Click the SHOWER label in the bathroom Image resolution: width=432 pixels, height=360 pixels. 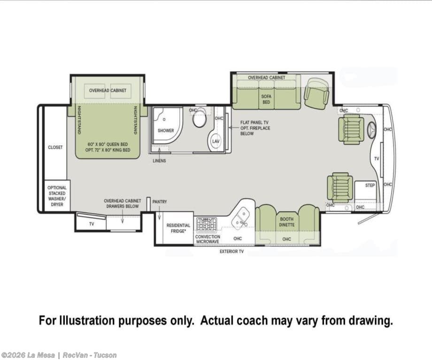point(166,130)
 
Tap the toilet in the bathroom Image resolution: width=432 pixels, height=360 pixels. point(200,118)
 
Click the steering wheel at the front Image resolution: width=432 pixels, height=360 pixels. point(372,130)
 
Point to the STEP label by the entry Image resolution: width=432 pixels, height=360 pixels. point(370,185)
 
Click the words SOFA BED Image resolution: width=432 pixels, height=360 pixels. point(266,99)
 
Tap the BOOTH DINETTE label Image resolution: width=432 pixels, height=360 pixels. point(286,222)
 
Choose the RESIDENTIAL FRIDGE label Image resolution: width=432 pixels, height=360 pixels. point(178,228)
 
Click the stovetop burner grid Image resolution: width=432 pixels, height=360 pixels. point(206,224)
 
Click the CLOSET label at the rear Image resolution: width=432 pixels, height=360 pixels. point(55,147)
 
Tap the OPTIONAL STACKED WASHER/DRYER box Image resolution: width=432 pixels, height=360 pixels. point(57,196)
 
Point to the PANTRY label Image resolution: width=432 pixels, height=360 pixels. point(160,202)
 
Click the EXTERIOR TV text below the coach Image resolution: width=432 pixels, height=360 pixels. point(231,252)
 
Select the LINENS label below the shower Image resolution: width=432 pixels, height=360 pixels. point(159,161)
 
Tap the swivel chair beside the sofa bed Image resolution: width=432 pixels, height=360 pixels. point(316,93)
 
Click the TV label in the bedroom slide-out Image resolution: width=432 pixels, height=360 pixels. point(92,224)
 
